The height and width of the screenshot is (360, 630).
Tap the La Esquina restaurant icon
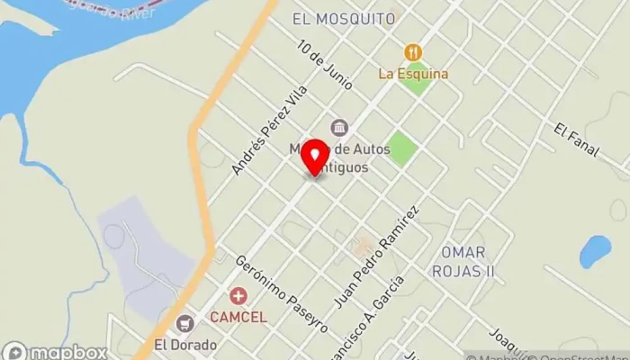[x=413, y=52]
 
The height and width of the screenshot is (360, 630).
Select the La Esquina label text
[x=413, y=74]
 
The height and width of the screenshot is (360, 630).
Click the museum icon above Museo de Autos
[x=339, y=127]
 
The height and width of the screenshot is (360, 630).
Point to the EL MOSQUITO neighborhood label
[x=344, y=18]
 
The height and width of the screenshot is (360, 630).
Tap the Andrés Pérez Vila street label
[x=269, y=130]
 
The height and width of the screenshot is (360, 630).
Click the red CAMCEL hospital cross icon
[x=238, y=295]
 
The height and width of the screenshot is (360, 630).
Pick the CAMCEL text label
[x=238, y=317]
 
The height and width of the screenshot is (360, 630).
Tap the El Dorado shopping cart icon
[x=186, y=323]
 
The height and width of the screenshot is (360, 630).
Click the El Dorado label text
[x=186, y=344]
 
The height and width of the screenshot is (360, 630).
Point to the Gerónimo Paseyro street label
[x=282, y=293]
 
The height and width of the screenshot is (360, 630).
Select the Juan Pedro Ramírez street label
[x=378, y=256]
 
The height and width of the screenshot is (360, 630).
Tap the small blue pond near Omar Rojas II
[x=594, y=252]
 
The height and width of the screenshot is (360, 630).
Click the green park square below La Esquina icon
[x=416, y=80]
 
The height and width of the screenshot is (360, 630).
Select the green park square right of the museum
[x=403, y=148]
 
